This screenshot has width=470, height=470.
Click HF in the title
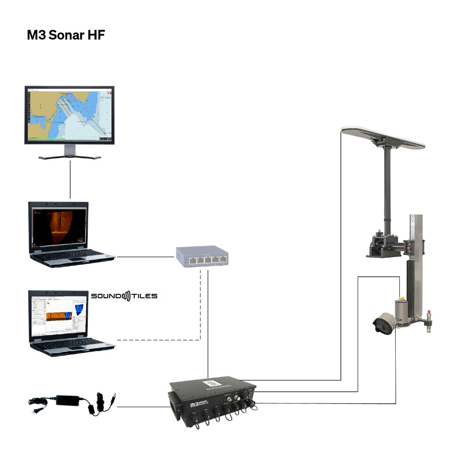[x=96, y=35]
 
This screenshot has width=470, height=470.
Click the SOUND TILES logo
[x=124, y=296]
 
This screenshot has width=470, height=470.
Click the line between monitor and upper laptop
[x=70, y=179]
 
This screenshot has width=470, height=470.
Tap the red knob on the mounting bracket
[x=409, y=249]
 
